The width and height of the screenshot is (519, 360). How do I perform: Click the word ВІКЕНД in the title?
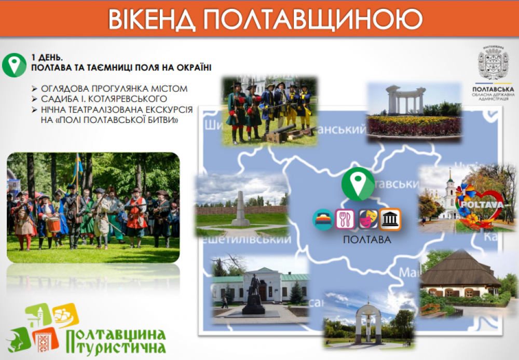coord(151,19)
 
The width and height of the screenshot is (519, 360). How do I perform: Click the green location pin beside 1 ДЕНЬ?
coord(15,64)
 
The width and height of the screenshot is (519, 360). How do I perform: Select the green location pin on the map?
coord(358,183)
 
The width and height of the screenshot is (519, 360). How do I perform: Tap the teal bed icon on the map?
coord(323,219)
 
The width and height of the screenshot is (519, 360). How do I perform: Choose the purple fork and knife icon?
coord(345,219)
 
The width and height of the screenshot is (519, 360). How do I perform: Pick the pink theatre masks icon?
coord(367,219)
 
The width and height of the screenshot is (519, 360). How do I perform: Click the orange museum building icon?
coord(390,219)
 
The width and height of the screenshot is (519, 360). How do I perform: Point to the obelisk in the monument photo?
coord(241,207)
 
